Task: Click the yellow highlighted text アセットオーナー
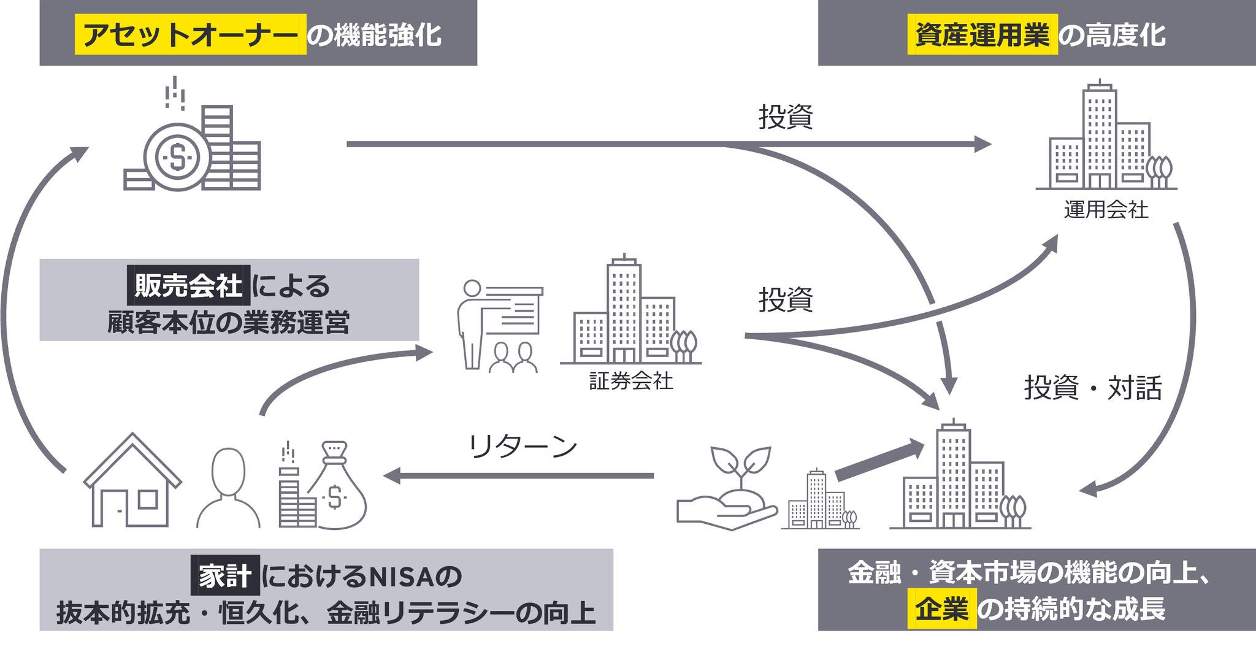(x=190, y=35)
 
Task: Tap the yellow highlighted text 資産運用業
(x=982, y=35)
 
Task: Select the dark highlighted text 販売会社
(x=188, y=285)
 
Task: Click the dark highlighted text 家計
(x=224, y=575)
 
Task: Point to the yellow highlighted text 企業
(x=941, y=609)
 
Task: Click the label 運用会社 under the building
(x=1106, y=210)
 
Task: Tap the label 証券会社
(x=631, y=381)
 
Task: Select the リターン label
(x=523, y=446)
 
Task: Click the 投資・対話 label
(x=1093, y=388)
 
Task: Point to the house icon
(x=132, y=481)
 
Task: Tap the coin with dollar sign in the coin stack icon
(x=177, y=157)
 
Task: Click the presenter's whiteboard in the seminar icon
(x=511, y=310)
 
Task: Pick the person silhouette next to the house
(x=228, y=488)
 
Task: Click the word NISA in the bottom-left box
(x=402, y=576)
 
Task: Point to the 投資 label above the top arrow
(x=786, y=117)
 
